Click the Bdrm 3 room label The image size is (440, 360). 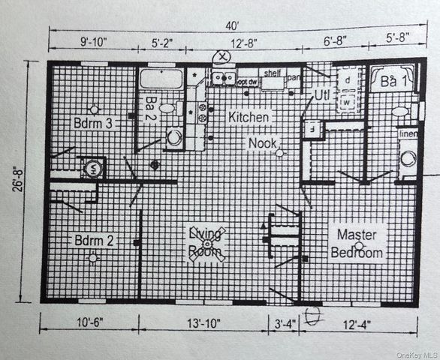[x=93, y=122]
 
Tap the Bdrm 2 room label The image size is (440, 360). [x=93, y=241]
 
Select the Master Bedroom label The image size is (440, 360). [x=357, y=243]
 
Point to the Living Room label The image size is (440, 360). [x=206, y=242]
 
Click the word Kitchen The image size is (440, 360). [x=249, y=118]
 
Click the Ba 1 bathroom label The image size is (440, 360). [x=390, y=80]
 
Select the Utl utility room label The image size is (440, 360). [x=322, y=95]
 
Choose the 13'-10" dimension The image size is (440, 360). [x=204, y=325]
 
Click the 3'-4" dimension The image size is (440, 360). [x=284, y=325]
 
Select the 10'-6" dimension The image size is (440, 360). [x=89, y=325]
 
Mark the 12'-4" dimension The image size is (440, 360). [x=360, y=325]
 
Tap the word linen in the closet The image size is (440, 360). [x=408, y=133]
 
